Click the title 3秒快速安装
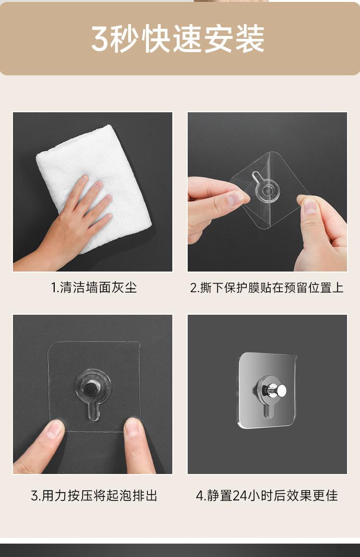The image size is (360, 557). click(178, 39)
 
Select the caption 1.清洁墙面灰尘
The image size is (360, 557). click(94, 287)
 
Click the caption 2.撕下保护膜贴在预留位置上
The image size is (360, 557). click(267, 287)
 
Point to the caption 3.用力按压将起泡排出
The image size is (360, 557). click(94, 495)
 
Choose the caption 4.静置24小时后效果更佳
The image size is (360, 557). click(267, 495)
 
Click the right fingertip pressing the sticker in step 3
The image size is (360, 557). click(132, 427)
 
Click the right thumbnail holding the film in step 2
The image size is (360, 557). click(310, 206)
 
